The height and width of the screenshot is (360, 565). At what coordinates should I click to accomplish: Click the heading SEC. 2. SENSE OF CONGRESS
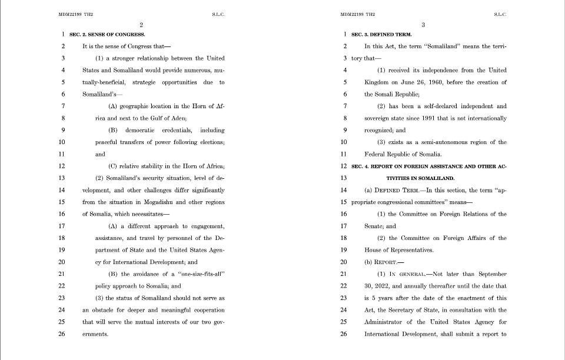(107, 34)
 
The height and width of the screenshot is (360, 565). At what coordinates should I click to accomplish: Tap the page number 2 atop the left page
(141, 24)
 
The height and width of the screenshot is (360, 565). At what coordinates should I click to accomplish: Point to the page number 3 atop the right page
(423, 24)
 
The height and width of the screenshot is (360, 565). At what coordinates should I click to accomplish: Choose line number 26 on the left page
(62, 334)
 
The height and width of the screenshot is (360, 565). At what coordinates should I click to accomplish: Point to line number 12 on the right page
(344, 166)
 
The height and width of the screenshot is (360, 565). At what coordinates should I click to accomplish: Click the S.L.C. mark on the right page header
(500, 14)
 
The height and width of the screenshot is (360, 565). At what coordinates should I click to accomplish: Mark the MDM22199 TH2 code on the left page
(76, 14)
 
